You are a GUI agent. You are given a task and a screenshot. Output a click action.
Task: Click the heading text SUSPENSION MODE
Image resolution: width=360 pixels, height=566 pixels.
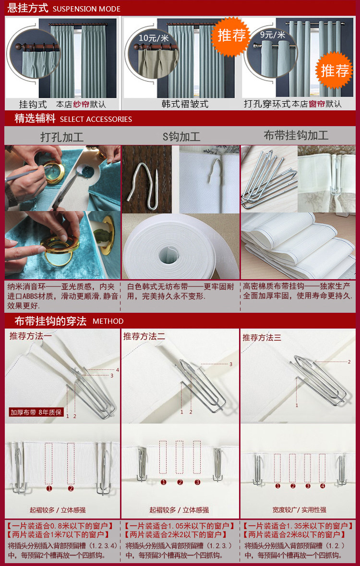(x=87, y=9)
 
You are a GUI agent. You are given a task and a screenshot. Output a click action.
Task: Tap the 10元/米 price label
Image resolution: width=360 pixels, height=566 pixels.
(x=154, y=38)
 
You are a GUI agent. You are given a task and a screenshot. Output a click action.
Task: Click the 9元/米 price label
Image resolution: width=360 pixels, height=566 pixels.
(x=273, y=35)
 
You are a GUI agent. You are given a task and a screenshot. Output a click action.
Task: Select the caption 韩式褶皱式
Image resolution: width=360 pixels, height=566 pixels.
(x=185, y=104)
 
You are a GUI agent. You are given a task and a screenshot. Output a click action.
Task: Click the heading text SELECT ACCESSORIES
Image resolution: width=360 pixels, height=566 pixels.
(x=96, y=119)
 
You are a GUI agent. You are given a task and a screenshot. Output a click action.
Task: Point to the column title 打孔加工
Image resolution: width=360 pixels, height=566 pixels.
(x=62, y=137)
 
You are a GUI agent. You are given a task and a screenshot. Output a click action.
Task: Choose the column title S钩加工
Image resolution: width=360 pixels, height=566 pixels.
(x=181, y=137)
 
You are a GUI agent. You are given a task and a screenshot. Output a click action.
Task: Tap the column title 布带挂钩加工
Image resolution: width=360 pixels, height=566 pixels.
(x=296, y=136)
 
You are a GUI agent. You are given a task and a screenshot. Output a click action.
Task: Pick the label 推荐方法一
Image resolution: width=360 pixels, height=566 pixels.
(x=31, y=336)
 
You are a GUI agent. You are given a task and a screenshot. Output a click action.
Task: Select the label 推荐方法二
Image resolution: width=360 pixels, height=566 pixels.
(x=144, y=336)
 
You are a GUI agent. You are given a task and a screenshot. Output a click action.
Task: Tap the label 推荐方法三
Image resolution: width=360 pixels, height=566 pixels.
(x=262, y=338)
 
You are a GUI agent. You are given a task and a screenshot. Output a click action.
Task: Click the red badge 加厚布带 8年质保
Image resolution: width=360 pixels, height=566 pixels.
(x=36, y=412)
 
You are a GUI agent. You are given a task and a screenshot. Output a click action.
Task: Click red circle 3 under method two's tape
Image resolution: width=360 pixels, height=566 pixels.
(x=197, y=482)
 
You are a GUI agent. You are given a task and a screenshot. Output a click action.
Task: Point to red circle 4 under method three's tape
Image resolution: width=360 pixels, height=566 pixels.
(x=323, y=486)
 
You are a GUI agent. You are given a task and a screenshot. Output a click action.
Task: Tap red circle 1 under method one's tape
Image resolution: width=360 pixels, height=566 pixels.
(x=49, y=488)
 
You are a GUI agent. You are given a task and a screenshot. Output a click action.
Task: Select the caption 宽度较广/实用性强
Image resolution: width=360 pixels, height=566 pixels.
(x=300, y=510)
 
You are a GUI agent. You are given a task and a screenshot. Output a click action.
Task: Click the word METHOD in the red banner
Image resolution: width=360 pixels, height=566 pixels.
(x=108, y=321)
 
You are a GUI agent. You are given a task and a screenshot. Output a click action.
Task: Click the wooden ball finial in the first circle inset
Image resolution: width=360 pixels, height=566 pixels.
(x=18, y=47)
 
